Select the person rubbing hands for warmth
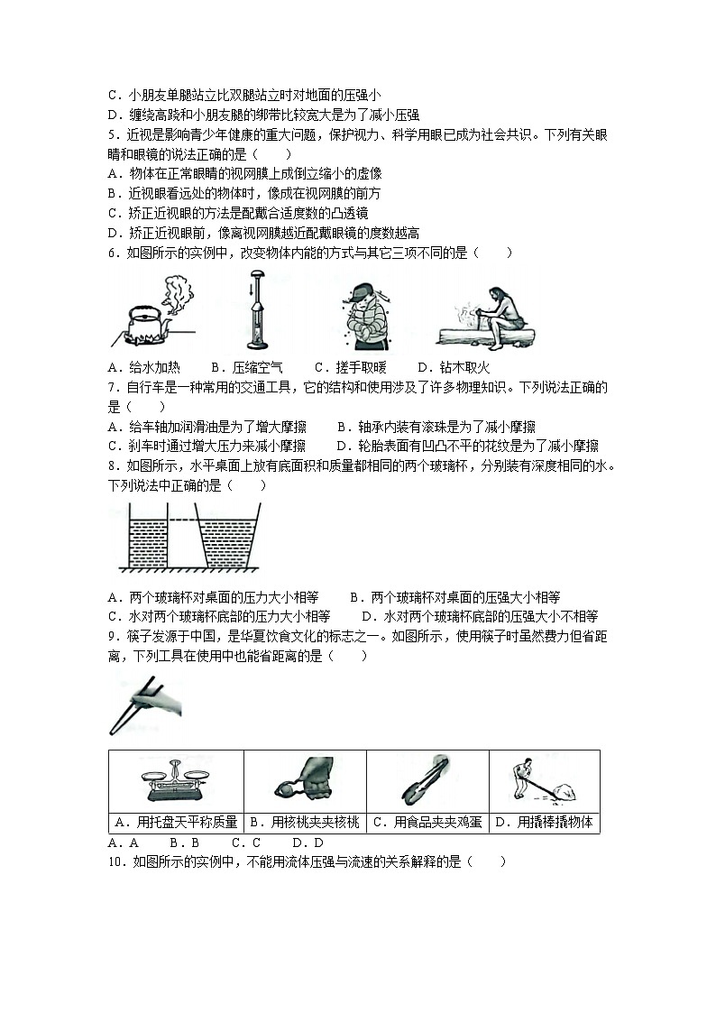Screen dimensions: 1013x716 (x=367, y=315)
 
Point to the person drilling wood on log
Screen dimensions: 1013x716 (x=487, y=318)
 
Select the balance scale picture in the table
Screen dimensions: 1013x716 (x=176, y=781)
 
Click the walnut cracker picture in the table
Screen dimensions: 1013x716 (x=304, y=781)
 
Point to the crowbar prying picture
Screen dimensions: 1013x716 (x=543, y=781)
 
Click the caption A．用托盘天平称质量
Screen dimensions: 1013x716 (x=177, y=822)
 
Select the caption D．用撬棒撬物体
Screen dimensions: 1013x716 (x=544, y=822)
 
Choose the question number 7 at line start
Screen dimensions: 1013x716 (x=113, y=387)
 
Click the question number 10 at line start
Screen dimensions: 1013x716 (x=116, y=861)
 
